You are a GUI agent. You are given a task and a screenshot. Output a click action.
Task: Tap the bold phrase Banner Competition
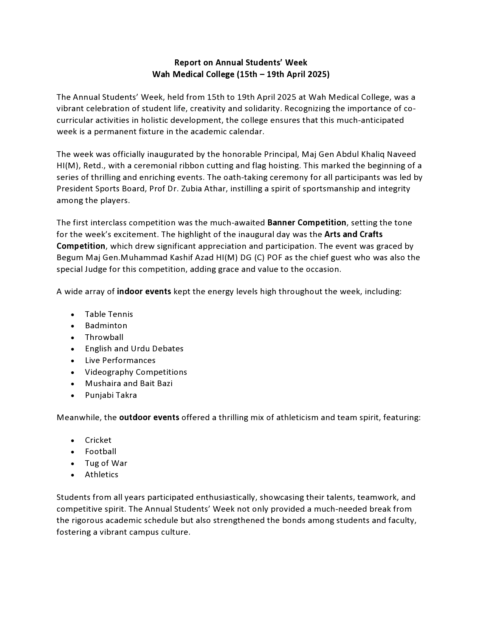pos(307,222)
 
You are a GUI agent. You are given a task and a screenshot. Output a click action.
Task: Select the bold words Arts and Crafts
pos(353,234)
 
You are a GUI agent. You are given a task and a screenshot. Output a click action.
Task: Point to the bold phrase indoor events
pos(144,292)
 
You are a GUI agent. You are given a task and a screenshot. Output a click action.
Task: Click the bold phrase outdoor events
pos(149,418)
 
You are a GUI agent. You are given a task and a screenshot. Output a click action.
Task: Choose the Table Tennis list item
pos(109,314)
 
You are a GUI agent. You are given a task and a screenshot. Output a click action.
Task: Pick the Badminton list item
pos(106,326)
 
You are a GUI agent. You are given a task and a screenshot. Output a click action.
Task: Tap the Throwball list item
pos(104,337)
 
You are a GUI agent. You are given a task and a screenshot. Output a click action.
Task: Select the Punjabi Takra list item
pos(111,395)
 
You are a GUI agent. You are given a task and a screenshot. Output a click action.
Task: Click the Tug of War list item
pos(106,463)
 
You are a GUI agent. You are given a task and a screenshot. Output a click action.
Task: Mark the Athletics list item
pos(101,475)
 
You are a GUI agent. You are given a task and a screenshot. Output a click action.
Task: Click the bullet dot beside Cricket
pos(73,441)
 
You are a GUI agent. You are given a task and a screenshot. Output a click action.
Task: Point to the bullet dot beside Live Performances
pos(73,361)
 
